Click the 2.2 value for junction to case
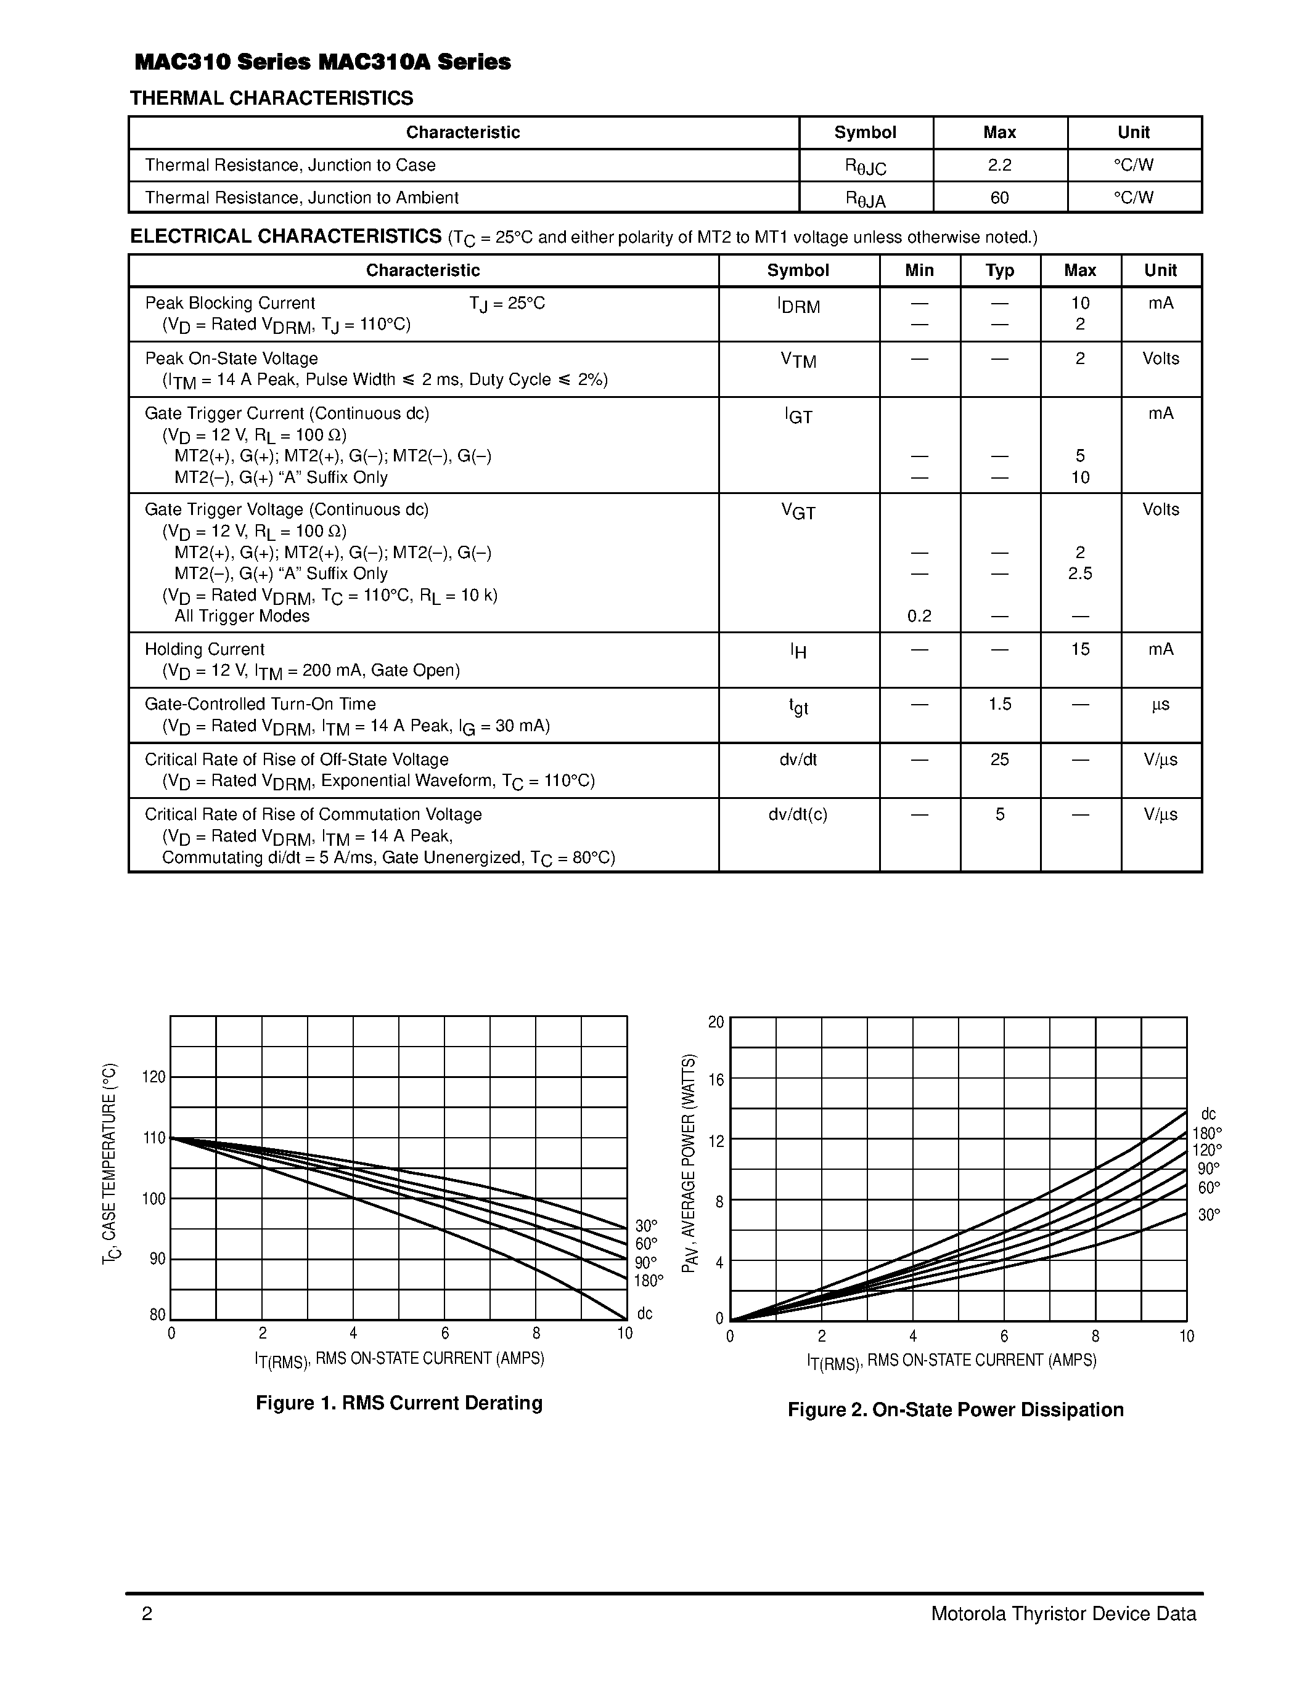pyautogui.click(x=999, y=165)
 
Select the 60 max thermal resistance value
pyautogui.click(x=999, y=198)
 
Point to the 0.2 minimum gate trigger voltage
pyautogui.click(x=919, y=616)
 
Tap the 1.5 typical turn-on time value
pyautogui.click(x=999, y=704)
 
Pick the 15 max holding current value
pyautogui.click(x=1080, y=649)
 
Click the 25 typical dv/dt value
pyautogui.click(x=999, y=760)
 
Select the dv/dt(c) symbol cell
pyautogui.click(x=798, y=814)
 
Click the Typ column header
pyautogui.click(x=999, y=270)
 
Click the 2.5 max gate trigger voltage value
pyautogui.click(x=1080, y=573)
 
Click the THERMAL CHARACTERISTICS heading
pyautogui.click(x=272, y=99)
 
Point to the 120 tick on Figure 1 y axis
pyautogui.click(x=154, y=1077)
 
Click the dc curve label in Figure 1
pyautogui.click(x=644, y=1313)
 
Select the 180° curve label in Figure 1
pyautogui.click(x=649, y=1281)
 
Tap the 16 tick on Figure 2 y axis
pyautogui.click(x=716, y=1080)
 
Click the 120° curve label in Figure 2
pyautogui.click(x=1207, y=1150)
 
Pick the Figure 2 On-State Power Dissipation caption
pyautogui.click(x=956, y=1409)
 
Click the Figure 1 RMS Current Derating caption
pyautogui.click(x=399, y=1403)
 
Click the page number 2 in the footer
pyautogui.click(x=147, y=1614)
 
